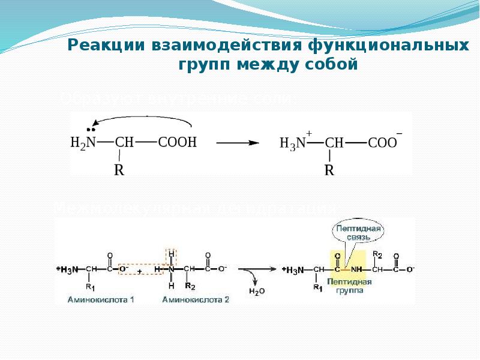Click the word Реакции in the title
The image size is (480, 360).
click(104, 46)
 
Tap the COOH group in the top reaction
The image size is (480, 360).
click(177, 142)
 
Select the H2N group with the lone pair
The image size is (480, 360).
click(83, 142)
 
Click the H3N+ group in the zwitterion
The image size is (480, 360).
click(294, 143)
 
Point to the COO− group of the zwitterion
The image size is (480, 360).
click(382, 143)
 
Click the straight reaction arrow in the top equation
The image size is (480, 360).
click(237, 143)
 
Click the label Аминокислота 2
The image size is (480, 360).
click(196, 299)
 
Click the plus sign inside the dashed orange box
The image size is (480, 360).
click(139, 271)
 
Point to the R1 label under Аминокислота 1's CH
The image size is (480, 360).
click(91, 288)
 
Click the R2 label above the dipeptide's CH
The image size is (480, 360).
click(377, 254)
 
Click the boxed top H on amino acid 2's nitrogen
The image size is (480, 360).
click(172, 254)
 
